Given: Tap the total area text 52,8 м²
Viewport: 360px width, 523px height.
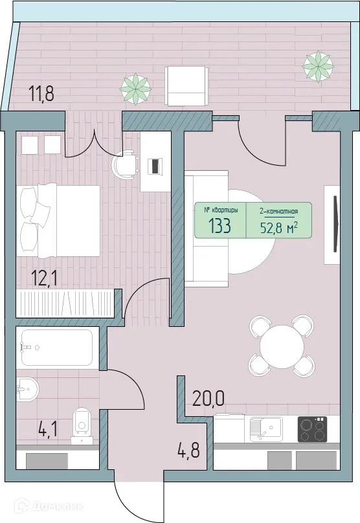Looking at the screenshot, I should (x=278, y=227).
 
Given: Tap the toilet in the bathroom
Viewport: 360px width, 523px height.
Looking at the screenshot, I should (x=82, y=422).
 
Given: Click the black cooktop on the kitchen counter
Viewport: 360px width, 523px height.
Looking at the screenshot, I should (x=312, y=429).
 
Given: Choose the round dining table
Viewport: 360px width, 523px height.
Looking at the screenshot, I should (x=282, y=346).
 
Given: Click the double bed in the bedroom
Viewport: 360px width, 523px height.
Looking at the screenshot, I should (x=60, y=221).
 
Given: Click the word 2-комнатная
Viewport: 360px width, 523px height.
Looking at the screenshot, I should (x=278, y=210).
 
